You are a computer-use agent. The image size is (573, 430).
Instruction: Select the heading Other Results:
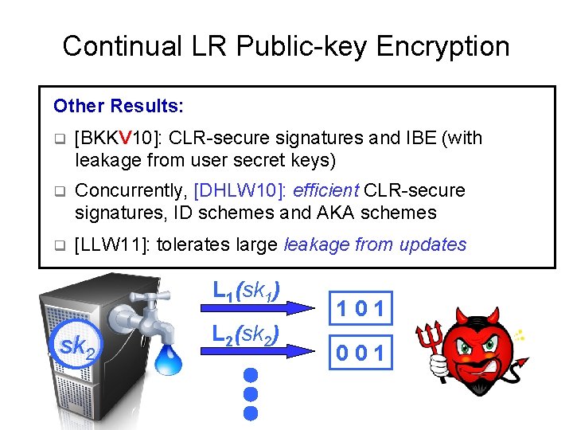(x=119, y=106)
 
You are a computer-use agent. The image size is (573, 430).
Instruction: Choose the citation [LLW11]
(x=109, y=244)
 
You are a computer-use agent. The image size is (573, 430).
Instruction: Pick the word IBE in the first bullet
(x=418, y=139)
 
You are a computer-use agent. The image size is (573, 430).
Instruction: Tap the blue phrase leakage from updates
(x=375, y=244)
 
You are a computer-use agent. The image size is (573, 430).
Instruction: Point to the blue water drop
(x=170, y=360)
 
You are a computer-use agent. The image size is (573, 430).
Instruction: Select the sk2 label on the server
(x=77, y=346)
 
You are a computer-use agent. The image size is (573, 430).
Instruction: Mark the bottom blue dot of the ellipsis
(x=251, y=413)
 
